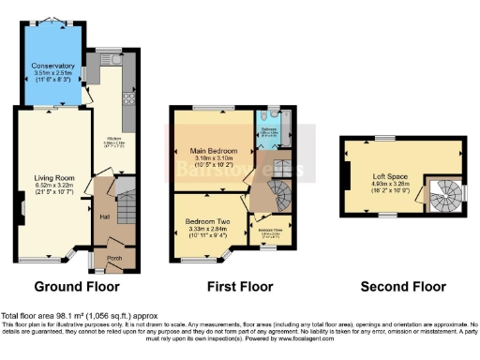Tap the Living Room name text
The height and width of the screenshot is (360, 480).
[x=51, y=177]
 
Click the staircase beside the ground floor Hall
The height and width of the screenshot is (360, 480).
[x=126, y=201]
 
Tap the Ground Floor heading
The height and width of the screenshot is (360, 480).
[x=75, y=286]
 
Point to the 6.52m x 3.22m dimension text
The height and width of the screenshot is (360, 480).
[x=51, y=186]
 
